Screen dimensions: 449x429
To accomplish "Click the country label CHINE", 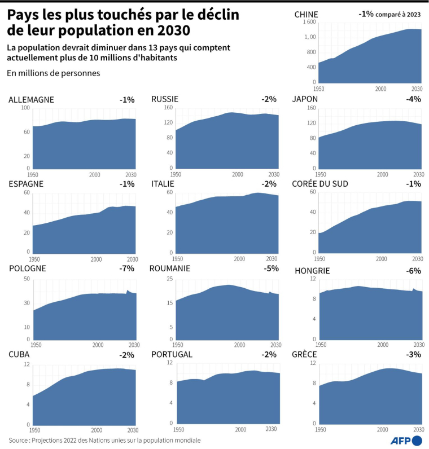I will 307,15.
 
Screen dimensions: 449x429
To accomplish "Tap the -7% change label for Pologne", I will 127,268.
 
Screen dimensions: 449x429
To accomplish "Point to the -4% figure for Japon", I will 414,99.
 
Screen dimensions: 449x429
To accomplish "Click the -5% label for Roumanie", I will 271,268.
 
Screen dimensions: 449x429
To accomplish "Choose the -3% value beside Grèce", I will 414,354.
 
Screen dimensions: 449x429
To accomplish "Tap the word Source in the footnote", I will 20,440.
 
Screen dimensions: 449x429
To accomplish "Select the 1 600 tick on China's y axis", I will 309,22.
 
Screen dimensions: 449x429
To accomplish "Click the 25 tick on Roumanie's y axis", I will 169,279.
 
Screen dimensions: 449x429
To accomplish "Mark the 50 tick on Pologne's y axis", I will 25,279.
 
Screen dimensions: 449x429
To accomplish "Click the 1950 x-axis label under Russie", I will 177,174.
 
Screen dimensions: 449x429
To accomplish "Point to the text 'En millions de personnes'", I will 54,73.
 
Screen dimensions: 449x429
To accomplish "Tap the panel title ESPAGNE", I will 26,184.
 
